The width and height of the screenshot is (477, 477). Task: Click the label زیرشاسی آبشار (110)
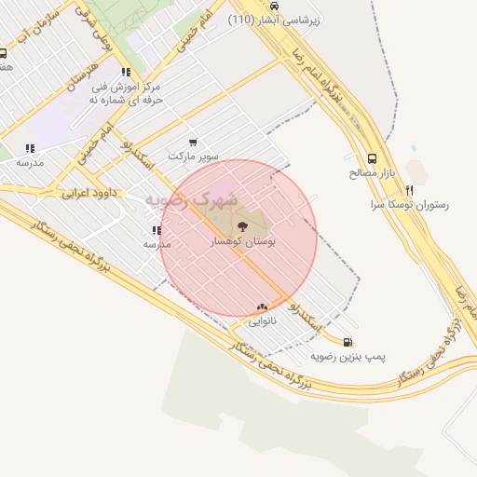[x=277, y=19]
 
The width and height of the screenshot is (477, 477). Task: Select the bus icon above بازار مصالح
[x=373, y=158]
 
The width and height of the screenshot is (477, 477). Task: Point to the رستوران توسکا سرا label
[x=410, y=204]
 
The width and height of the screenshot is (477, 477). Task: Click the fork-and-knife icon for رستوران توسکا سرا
[x=409, y=189]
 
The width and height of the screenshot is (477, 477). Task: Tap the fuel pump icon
[x=348, y=342]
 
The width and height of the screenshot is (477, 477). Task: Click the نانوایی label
[x=262, y=320]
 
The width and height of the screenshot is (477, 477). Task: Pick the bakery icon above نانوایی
[x=262, y=307]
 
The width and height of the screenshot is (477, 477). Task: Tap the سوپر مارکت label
[x=193, y=157]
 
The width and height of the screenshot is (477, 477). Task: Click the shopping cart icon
[x=193, y=143]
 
